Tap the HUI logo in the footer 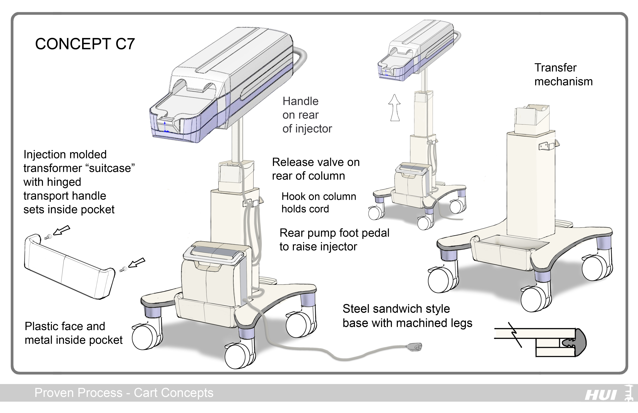tap(600, 395)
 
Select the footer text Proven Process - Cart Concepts tap(124, 393)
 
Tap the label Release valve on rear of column tap(316, 169)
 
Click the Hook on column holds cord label tap(318, 202)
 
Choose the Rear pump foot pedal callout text tap(334, 240)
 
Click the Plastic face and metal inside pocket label tap(73, 333)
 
